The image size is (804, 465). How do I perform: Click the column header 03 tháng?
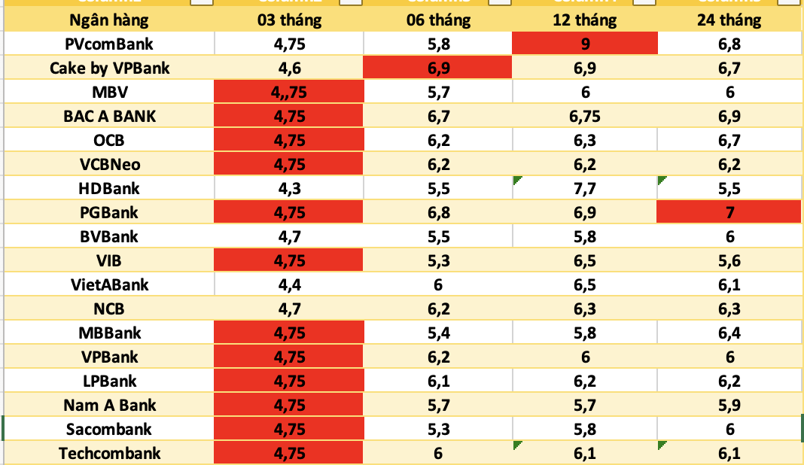[289, 20]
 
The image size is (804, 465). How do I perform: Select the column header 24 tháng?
[729, 20]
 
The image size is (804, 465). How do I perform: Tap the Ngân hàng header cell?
[109, 20]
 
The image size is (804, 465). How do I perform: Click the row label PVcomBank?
[109, 44]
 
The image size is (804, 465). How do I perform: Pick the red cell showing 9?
[584, 44]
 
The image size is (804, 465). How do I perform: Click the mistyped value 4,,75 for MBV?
[289, 92]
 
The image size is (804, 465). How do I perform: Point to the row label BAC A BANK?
[109, 116]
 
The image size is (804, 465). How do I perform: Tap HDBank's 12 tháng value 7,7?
[584, 188]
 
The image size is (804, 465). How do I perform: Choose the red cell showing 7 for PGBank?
[729, 212]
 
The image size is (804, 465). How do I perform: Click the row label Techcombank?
[109, 453]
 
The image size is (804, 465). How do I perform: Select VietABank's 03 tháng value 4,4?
[289, 284]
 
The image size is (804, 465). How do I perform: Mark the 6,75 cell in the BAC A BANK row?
[584, 116]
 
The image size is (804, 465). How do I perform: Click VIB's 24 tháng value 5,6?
[729, 260]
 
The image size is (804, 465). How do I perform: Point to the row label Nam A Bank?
[109, 405]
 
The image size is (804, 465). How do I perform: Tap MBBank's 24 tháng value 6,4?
[729, 333]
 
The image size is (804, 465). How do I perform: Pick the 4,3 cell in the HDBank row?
[289, 188]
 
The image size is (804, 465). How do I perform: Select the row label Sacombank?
[109, 429]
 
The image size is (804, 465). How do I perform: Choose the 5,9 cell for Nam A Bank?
[729, 405]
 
